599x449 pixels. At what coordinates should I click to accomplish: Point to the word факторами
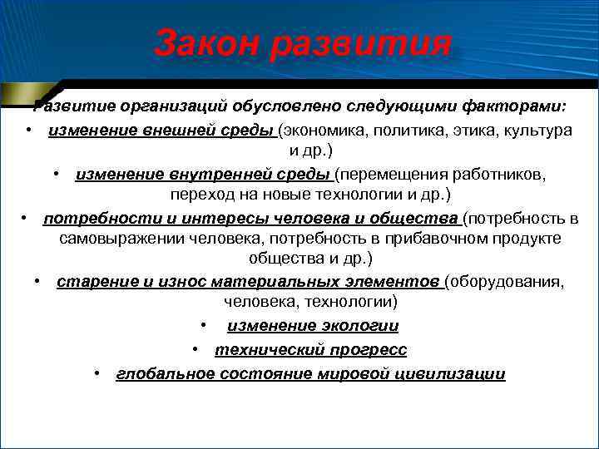click(x=513, y=106)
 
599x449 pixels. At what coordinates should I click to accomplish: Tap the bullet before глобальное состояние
click(x=97, y=373)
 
